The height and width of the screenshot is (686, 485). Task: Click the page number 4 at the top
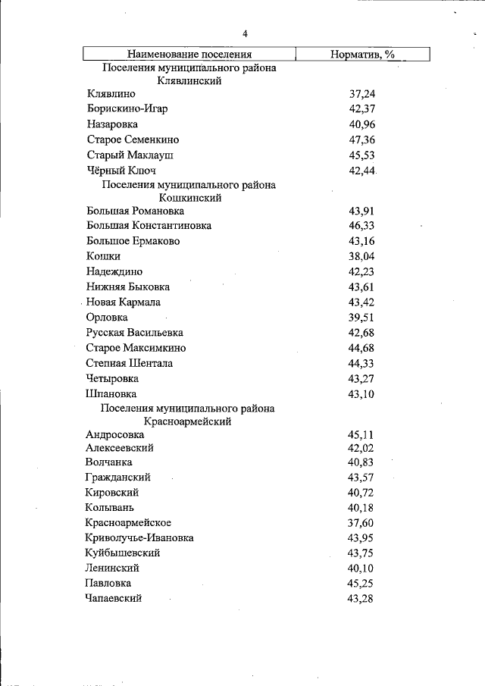click(x=246, y=33)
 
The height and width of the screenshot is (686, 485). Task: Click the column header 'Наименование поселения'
click(x=189, y=54)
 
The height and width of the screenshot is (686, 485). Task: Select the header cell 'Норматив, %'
click(x=362, y=54)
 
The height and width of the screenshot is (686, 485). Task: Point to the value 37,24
click(x=362, y=94)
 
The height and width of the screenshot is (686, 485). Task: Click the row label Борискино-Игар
click(x=127, y=109)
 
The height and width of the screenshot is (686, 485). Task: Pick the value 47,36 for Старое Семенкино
click(x=362, y=140)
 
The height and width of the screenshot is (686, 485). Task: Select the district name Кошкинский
click(x=188, y=197)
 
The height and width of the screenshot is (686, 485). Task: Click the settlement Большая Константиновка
click(x=149, y=226)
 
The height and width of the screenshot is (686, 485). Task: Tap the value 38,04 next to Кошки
click(x=362, y=256)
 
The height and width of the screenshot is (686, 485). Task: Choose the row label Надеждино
click(x=114, y=271)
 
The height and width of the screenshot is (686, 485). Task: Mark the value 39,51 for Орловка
click(x=362, y=318)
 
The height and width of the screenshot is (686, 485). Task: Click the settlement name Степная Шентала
click(x=130, y=363)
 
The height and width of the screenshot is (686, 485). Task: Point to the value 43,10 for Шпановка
click(x=362, y=394)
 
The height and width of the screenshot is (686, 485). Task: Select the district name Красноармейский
click(x=188, y=421)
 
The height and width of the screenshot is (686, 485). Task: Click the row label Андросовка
click(x=115, y=435)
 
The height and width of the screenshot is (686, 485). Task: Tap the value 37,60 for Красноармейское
click(x=362, y=523)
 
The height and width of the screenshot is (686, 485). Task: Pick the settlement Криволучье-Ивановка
click(x=140, y=537)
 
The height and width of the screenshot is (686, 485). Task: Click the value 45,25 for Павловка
click(x=362, y=584)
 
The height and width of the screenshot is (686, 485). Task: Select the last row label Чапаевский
click(x=114, y=598)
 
